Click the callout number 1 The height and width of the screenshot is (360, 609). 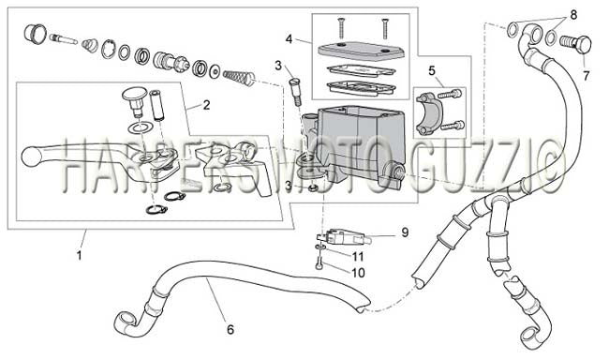80,256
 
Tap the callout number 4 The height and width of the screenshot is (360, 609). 289,39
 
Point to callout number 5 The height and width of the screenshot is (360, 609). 432,70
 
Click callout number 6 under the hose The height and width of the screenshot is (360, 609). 230,330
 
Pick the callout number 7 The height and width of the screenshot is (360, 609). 587,75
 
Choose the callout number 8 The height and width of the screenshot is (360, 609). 573,15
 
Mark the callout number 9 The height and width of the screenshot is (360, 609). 405,232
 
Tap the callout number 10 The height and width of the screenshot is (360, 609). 358,273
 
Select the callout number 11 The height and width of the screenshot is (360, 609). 358,257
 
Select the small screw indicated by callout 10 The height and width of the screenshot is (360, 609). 319,263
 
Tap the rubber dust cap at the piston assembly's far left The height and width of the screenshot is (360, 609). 35,32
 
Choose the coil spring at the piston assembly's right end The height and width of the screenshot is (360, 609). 239,76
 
